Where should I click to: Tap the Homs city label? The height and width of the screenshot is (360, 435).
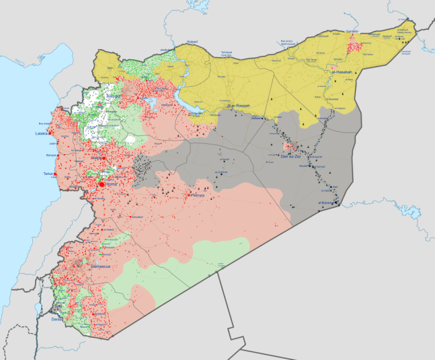coord(111,184)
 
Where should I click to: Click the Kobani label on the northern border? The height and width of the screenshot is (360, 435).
coord(192,42)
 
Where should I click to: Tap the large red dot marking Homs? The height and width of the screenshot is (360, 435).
coord(102,184)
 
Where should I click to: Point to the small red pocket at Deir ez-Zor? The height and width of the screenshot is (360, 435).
coord(290,146)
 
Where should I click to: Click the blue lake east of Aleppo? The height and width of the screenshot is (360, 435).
coord(151,104)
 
